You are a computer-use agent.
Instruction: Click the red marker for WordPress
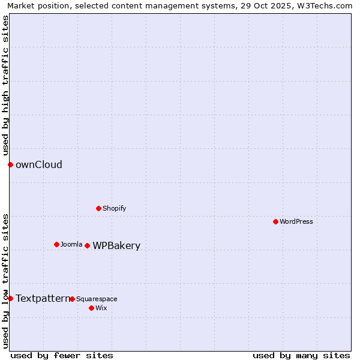pyautogui.click(x=275, y=221)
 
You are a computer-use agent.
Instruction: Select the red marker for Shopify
pyautogui.click(x=98, y=208)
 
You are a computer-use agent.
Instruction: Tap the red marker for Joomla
pyautogui.click(x=56, y=244)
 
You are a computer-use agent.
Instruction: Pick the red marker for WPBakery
pyautogui.click(x=87, y=245)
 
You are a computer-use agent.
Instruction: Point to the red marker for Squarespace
pyautogui.click(x=72, y=299)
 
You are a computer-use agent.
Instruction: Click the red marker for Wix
pyautogui.click(x=91, y=308)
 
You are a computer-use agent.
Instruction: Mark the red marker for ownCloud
pyautogui.click(x=10, y=164)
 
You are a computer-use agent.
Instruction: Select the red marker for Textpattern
pyautogui.click(x=10, y=298)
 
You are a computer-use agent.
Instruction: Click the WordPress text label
pyautogui.click(x=296, y=221)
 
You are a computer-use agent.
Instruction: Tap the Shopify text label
pyautogui.click(x=114, y=208)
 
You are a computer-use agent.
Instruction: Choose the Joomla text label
pyautogui.click(x=71, y=244)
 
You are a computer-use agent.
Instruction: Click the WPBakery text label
pyautogui.click(x=116, y=245)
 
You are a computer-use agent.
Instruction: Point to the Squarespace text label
pyautogui.click(x=97, y=299)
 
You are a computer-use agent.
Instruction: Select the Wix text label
pyautogui.click(x=101, y=308)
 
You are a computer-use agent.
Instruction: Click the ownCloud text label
pyautogui.click(x=39, y=164)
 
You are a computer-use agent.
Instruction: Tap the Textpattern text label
pyautogui.click(x=43, y=298)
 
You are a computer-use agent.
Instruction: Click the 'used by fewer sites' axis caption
pyautogui.click(x=62, y=355)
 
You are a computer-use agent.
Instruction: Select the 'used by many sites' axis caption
pyautogui.click(x=301, y=355)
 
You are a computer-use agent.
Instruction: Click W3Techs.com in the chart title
pyautogui.click(x=322, y=5)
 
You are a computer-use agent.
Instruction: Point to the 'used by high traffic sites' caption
pyautogui.click(x=5, y=85)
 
